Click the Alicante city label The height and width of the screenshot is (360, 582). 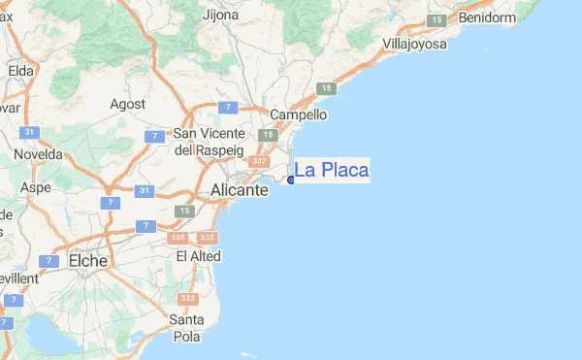pyautogui.click(x=239, y=191)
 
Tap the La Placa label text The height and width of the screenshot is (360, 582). pyautogui.click(x=331, y=171)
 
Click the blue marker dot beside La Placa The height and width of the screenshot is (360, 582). pyautogui.click(x=291, y=180)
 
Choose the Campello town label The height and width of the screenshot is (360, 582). pyautogui.click(x=298, y=115)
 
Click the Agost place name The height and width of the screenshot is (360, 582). pyautogui.click(x=128, y=104)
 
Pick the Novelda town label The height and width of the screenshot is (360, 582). pyautogui.click(x=38, y=154)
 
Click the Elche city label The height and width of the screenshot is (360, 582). pyautogui.click(x=88, y=260)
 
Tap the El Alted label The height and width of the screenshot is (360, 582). pyautogui.click(x=198, y=256)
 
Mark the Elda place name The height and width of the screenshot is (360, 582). pyautogui.click(x=20, y=70)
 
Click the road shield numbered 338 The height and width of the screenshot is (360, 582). pyautogui.click(x=177, y=238)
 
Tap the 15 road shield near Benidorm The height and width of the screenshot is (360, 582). pyautogui.click(x=436, y=20)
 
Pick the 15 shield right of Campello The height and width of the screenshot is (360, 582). pyautogui.click(x=325, y=89)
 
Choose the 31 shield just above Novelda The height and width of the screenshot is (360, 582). pyautogui.click(x=30, y=133)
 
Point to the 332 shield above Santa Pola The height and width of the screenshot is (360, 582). pyautogui.click(x=188, y=299)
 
